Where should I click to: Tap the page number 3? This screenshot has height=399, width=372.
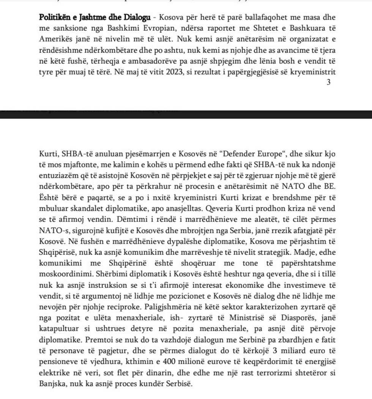click(329, 82)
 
